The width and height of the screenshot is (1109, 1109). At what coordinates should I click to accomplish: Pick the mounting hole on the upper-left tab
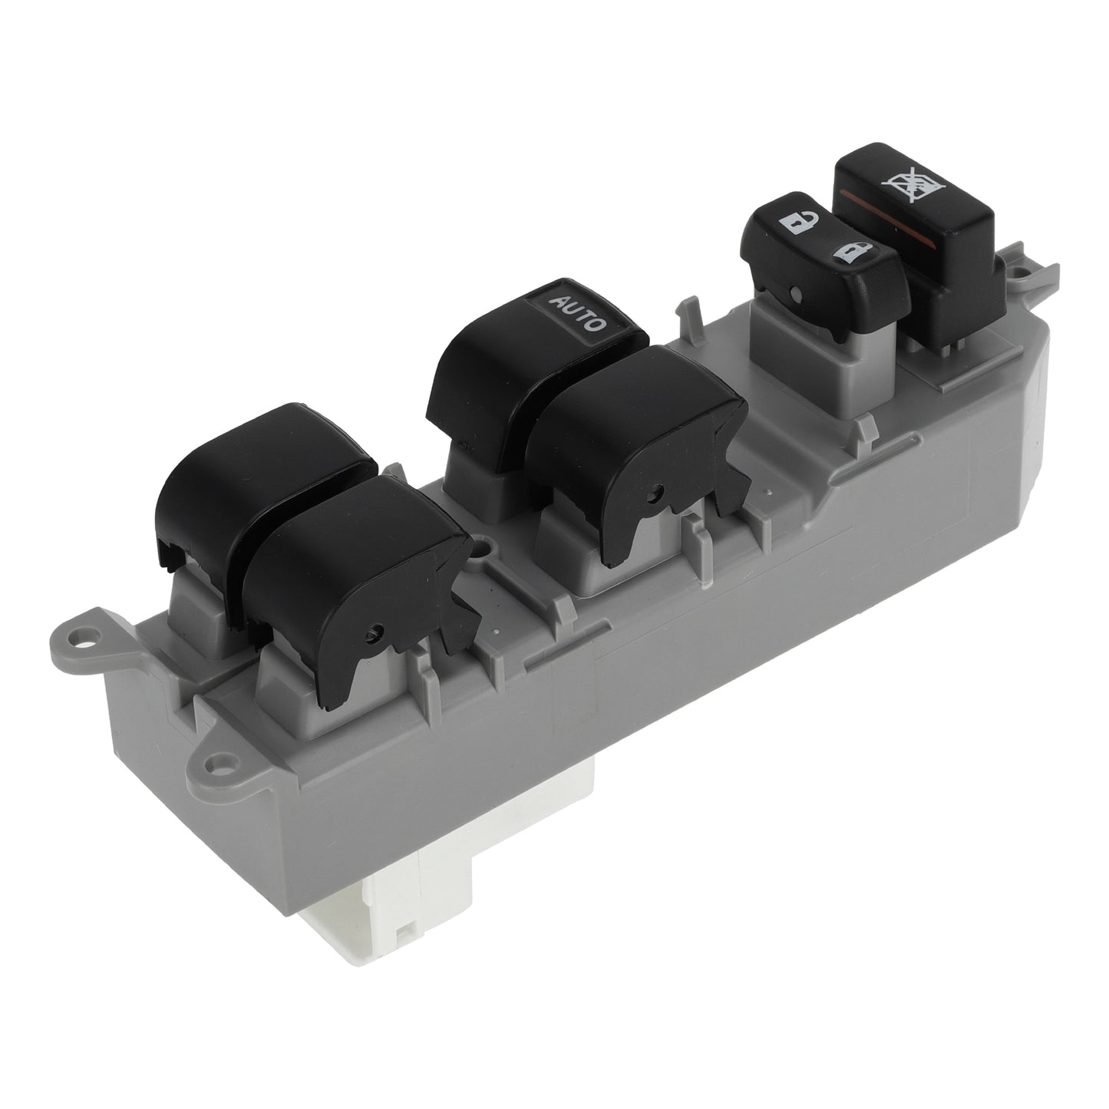[x=77, y=638]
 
